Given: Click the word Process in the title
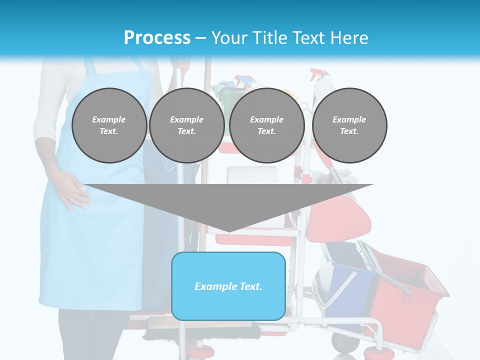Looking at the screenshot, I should click(x=157, y=37).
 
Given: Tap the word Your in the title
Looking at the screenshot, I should click(x=229, y=37).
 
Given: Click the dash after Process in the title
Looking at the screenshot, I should click(x=200, y=38).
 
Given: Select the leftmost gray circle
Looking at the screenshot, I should click(x=109, y=125).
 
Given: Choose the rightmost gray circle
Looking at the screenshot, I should click(x=349, y=125).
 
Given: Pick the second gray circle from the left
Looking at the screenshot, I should click(x=186, y=125).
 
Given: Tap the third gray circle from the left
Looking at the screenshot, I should click(x=267, y=125).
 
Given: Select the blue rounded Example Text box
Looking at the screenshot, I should click(x=228, y=300).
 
